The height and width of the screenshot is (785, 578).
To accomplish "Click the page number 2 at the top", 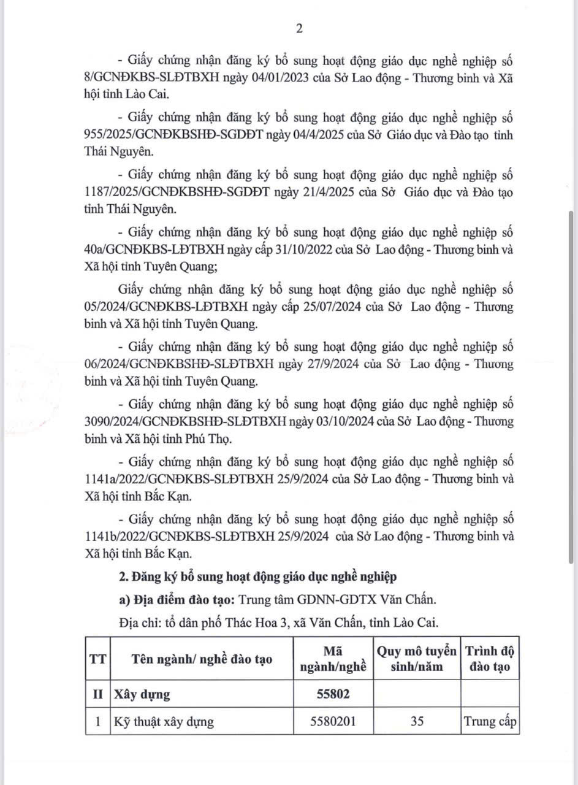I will [299, 29].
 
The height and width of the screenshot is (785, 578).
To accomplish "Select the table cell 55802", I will [333, 694].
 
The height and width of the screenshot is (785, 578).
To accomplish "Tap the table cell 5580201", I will [333, 721].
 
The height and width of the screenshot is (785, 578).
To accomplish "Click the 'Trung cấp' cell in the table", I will [490, 721].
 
